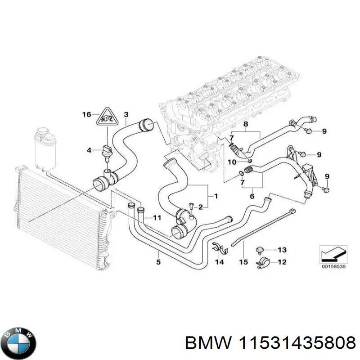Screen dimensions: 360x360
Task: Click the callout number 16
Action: point(86,115)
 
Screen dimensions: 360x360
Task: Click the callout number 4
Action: point(89,149)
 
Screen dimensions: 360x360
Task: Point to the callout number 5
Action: point(158,261)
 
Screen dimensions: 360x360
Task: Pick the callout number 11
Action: point(156,218)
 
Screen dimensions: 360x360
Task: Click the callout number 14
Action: point(219,262)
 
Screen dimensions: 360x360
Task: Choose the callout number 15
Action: point(243,262)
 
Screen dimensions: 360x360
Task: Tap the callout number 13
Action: point(282,249)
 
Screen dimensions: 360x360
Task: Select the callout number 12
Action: point(282,262)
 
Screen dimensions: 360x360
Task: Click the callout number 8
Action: point(245,124)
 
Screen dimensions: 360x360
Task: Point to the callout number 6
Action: point(252,196)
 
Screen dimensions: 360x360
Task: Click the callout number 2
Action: point(201,207)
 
